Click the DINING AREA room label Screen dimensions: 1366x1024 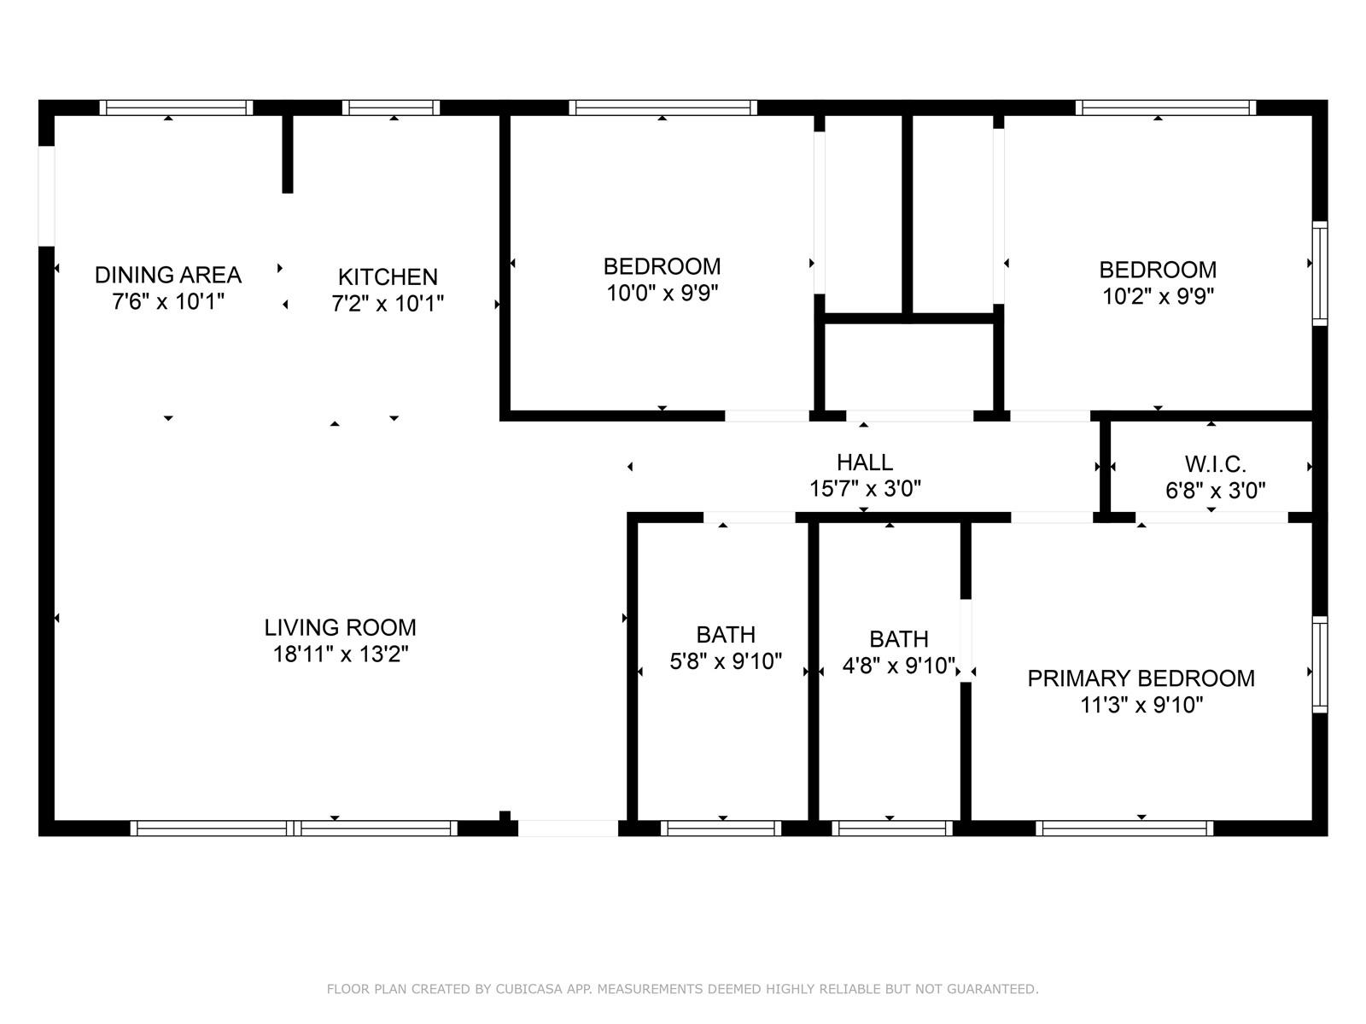pos(168,275)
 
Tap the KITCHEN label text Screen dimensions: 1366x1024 pos(388,276)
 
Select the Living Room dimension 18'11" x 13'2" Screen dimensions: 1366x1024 pos(341,654)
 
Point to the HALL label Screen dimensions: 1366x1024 pos(865,463)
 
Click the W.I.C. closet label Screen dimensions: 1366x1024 pos(1216,464)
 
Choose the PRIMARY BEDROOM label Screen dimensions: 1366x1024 pos(1141,678)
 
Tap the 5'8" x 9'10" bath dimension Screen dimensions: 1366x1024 pos(726,660)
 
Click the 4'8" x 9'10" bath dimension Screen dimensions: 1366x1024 pos(899,666)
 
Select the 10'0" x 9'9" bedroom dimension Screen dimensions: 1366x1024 pos(663,293)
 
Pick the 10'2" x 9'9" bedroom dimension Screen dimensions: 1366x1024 pos(1159,297)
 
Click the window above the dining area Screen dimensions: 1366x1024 pos(176,108)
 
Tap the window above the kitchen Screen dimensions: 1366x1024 pos(391,108)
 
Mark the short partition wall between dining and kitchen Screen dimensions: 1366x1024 pos(288,154)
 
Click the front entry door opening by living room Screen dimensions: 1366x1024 pos(569,828)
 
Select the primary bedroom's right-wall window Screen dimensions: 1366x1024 pos(1319,664)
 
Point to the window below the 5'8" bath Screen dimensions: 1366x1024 pos(721,828)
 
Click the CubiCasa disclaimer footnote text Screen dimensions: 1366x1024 pos(683,989)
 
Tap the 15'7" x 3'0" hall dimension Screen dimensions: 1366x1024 pos(865,489)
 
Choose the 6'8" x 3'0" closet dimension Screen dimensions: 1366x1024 pos(1216,492)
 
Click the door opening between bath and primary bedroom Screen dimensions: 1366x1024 pos(966,640)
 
